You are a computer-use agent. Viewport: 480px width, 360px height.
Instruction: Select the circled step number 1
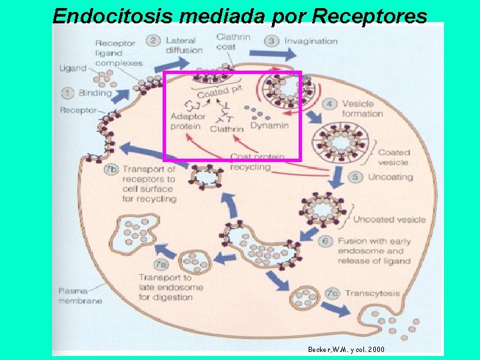coord(68,93)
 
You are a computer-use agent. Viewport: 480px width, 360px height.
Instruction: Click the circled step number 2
coord(153,41)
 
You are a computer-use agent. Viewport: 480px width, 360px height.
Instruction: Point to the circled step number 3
coord(272,41)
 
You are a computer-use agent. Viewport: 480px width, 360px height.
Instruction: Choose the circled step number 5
coord(355,177)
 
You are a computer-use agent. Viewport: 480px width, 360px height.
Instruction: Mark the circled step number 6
coord(327,241)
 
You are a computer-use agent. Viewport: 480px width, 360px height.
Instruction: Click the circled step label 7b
coord(111,169)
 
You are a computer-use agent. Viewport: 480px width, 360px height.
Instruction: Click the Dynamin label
coord(269,125)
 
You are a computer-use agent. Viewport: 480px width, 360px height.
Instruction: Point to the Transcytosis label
coord(373,293)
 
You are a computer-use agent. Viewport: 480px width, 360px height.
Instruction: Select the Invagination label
coord(311,41)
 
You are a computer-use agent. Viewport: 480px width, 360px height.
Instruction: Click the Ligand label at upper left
coord(73,67)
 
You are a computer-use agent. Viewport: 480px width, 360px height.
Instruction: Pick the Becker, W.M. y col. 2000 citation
coord(346,349)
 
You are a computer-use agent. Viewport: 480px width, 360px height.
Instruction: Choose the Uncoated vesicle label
coord(389,219)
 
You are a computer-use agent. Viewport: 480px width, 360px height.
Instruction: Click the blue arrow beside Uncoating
coord(337,176)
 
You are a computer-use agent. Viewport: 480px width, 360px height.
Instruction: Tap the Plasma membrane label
coord(80,296)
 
